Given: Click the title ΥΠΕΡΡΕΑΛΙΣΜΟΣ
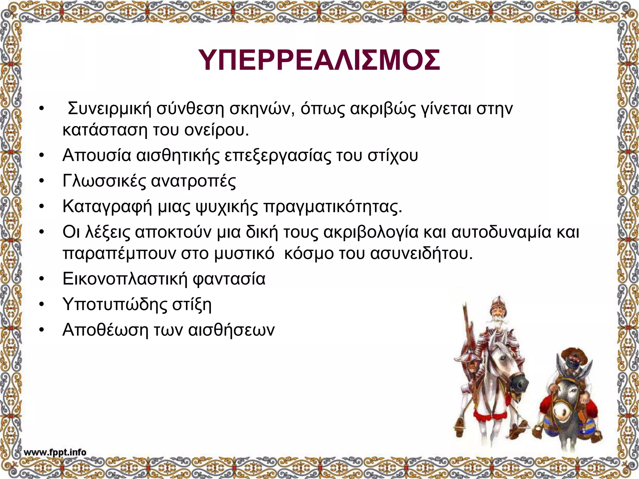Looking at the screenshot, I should pos(319,60).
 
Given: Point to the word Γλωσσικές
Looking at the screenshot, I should pos(104,181).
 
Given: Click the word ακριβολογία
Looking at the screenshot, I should pos(371,232).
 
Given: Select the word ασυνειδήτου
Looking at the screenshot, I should pos(422,254).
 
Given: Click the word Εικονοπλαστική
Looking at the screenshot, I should pos(124,278).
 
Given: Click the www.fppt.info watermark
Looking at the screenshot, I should pos(55,452).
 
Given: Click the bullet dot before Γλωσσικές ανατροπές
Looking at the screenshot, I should pos(41,181).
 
